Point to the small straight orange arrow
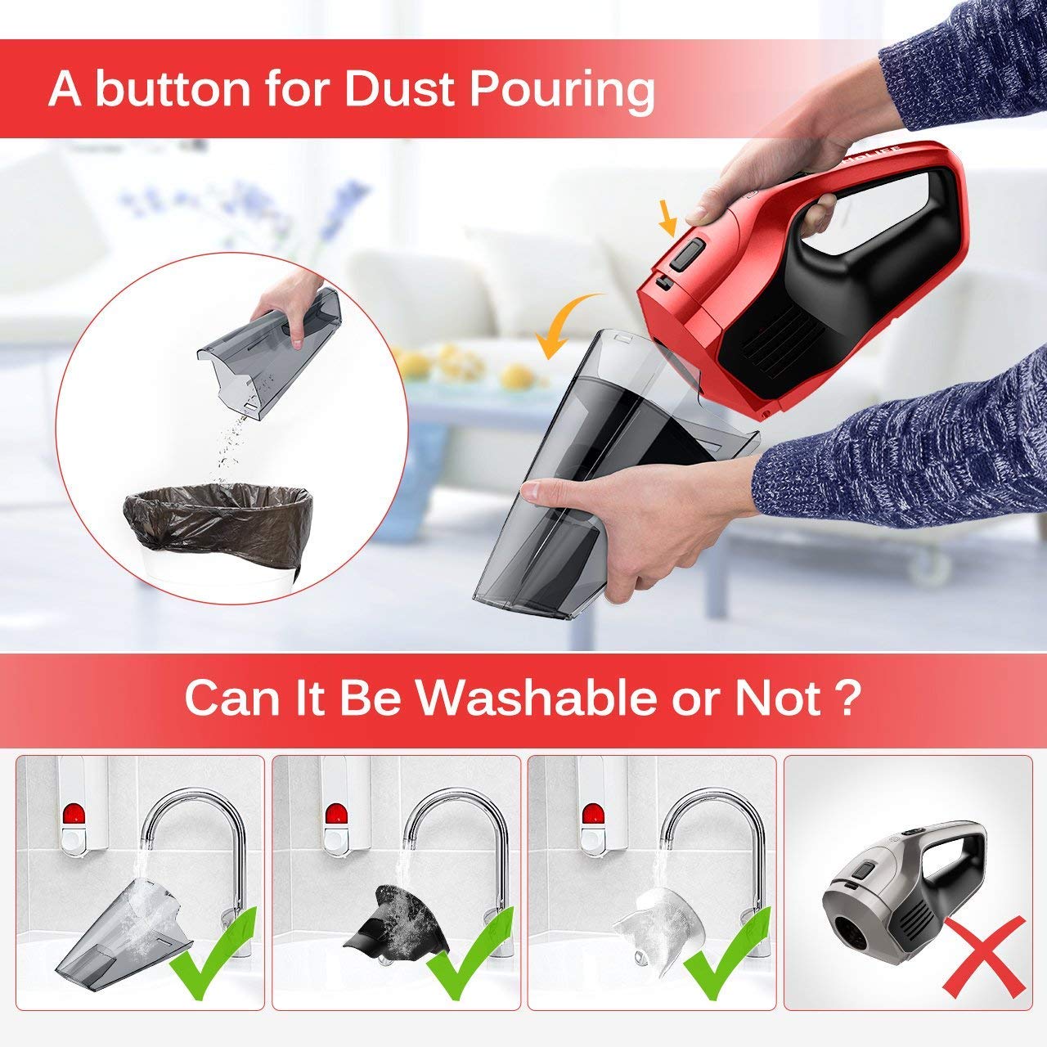point(668,220)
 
